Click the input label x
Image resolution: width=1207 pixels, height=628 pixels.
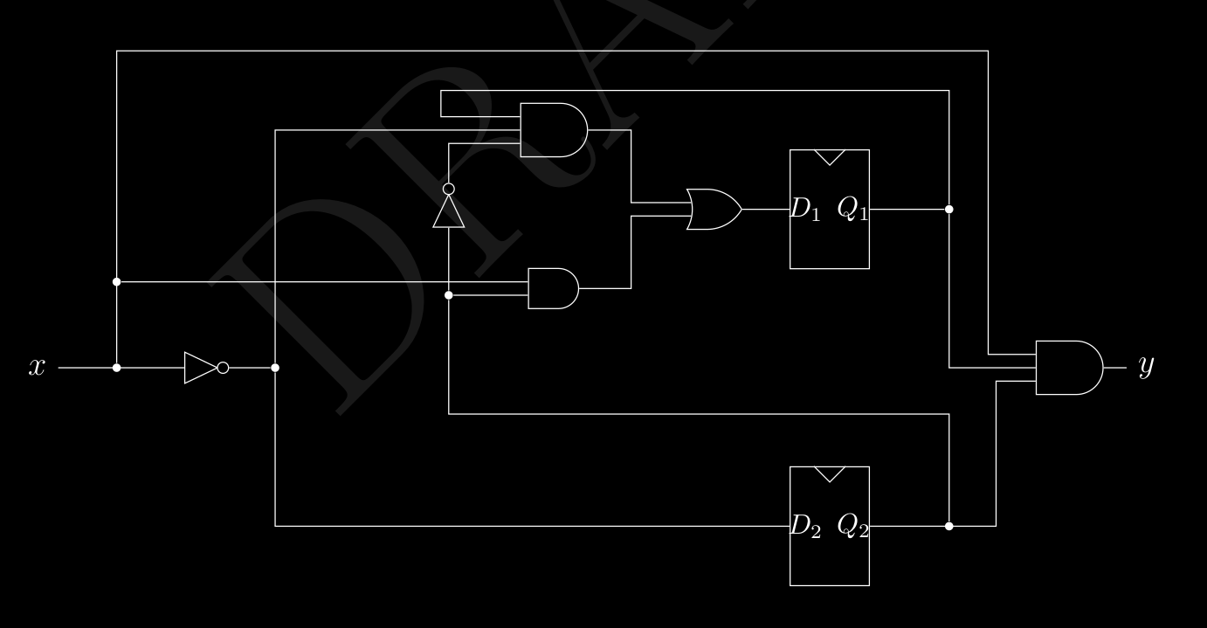(37, 368)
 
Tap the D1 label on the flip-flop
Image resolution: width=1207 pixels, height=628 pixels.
(805, 210)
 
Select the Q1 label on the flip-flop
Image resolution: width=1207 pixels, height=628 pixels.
(852, 210)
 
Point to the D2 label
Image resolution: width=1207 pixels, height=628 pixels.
(805, 526)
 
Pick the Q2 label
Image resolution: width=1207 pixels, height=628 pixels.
(852, 526)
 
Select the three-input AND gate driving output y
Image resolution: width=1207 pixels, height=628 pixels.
(1068, 368)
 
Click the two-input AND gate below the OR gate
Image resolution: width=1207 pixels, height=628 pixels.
(553, 288)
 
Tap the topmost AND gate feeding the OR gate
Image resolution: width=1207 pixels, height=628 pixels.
(553, 130)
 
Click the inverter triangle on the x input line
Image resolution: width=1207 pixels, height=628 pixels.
(200, 368)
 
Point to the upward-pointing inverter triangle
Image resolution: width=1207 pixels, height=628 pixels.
(449, 212)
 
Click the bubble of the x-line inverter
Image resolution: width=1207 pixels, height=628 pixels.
(223, 368)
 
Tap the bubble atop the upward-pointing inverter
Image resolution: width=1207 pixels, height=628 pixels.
(449, 189)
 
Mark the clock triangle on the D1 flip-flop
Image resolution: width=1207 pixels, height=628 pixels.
(830, 157)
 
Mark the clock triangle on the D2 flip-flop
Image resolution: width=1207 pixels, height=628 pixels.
(830, 473)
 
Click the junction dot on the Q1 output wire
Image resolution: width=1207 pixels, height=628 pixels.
(949, 210)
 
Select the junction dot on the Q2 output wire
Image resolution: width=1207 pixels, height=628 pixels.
(949, 526)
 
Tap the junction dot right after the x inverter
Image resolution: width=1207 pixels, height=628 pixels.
(275, 368)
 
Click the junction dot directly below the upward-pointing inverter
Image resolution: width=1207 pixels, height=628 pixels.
(449, 295)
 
